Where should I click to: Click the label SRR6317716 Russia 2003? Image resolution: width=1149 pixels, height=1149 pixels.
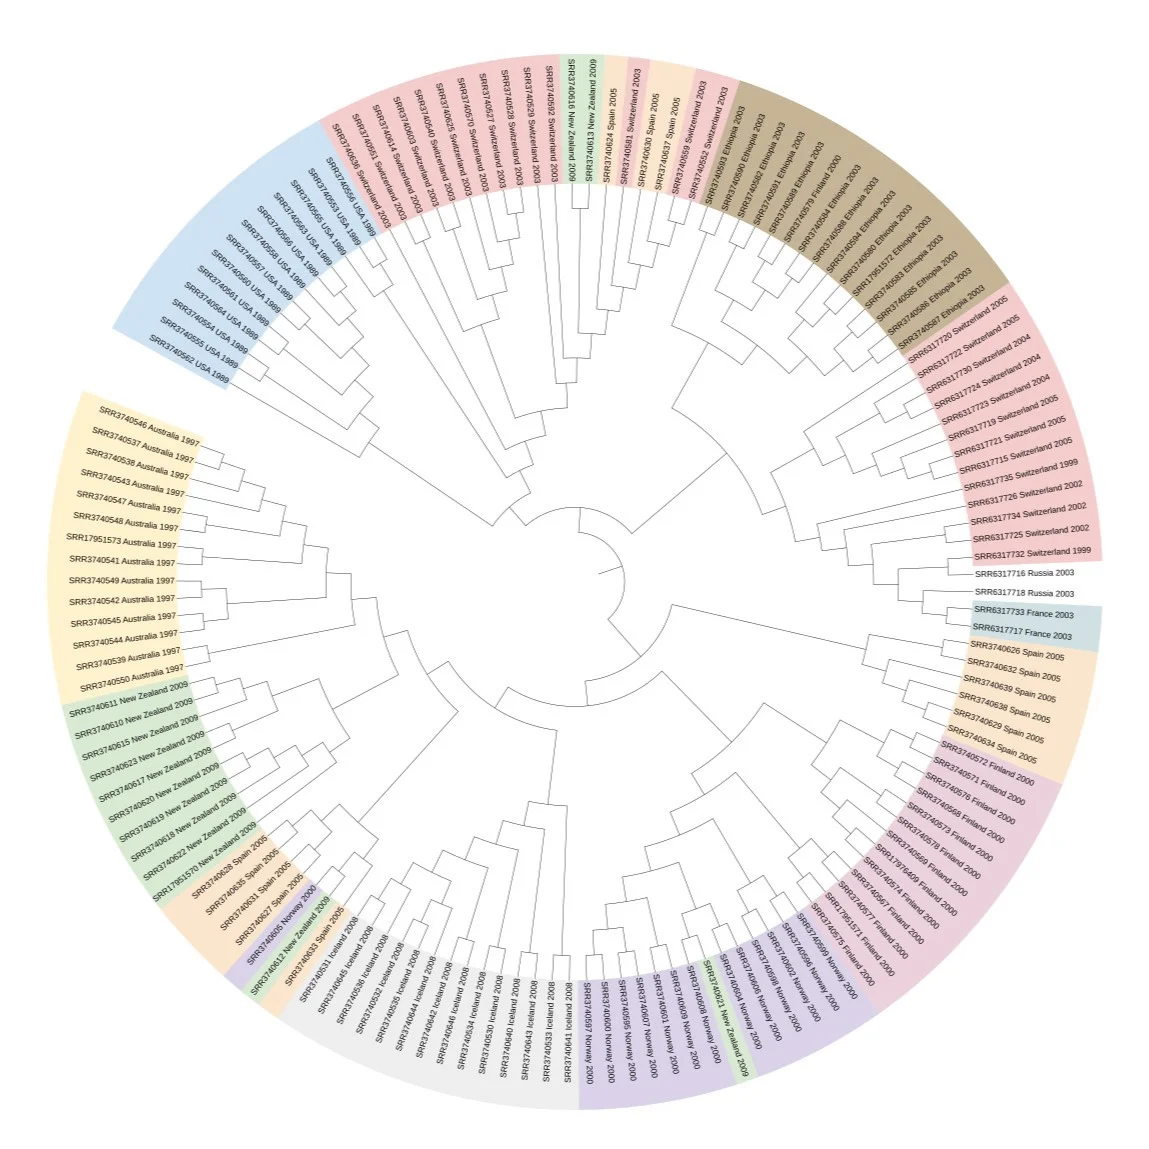1024,574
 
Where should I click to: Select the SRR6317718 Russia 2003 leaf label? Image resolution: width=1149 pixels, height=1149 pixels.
1024,593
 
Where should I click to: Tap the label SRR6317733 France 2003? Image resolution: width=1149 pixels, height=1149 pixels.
1023,612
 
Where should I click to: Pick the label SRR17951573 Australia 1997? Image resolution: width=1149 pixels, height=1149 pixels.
121,541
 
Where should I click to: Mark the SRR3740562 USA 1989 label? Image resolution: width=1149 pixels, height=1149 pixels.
189,360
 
